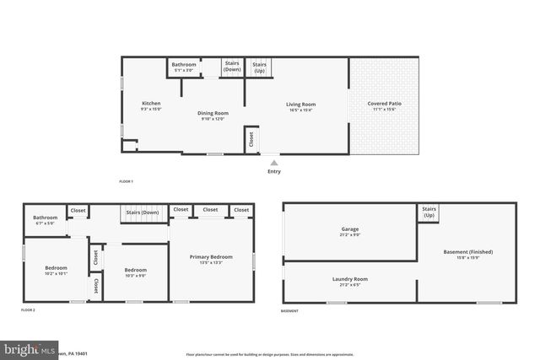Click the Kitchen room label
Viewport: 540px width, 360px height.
click(151, 104)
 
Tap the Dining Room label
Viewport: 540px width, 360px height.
click(213, 113)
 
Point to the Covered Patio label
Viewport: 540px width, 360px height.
click(384, 104)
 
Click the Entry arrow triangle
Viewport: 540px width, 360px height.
click(274, 163)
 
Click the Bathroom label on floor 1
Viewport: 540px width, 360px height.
click(184, 65)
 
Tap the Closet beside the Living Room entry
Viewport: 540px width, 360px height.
click(251, 141)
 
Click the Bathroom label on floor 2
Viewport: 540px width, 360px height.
click(46, 218)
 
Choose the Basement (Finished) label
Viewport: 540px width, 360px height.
click(467, 252)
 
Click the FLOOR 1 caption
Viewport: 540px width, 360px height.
click(126, 182)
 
